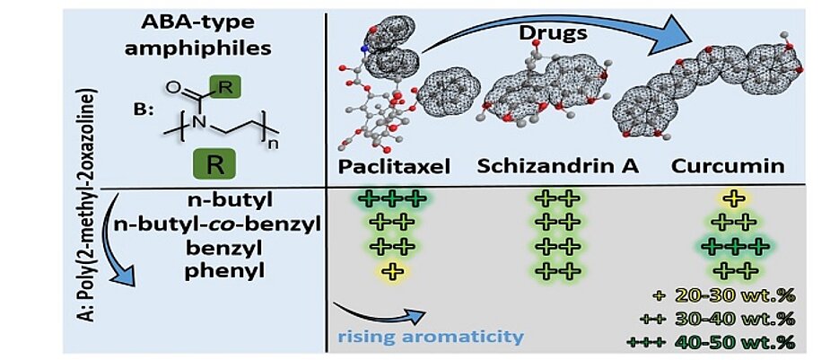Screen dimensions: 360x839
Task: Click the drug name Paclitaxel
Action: [392, 168]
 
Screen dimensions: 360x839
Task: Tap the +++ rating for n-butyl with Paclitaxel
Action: [391, 198]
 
